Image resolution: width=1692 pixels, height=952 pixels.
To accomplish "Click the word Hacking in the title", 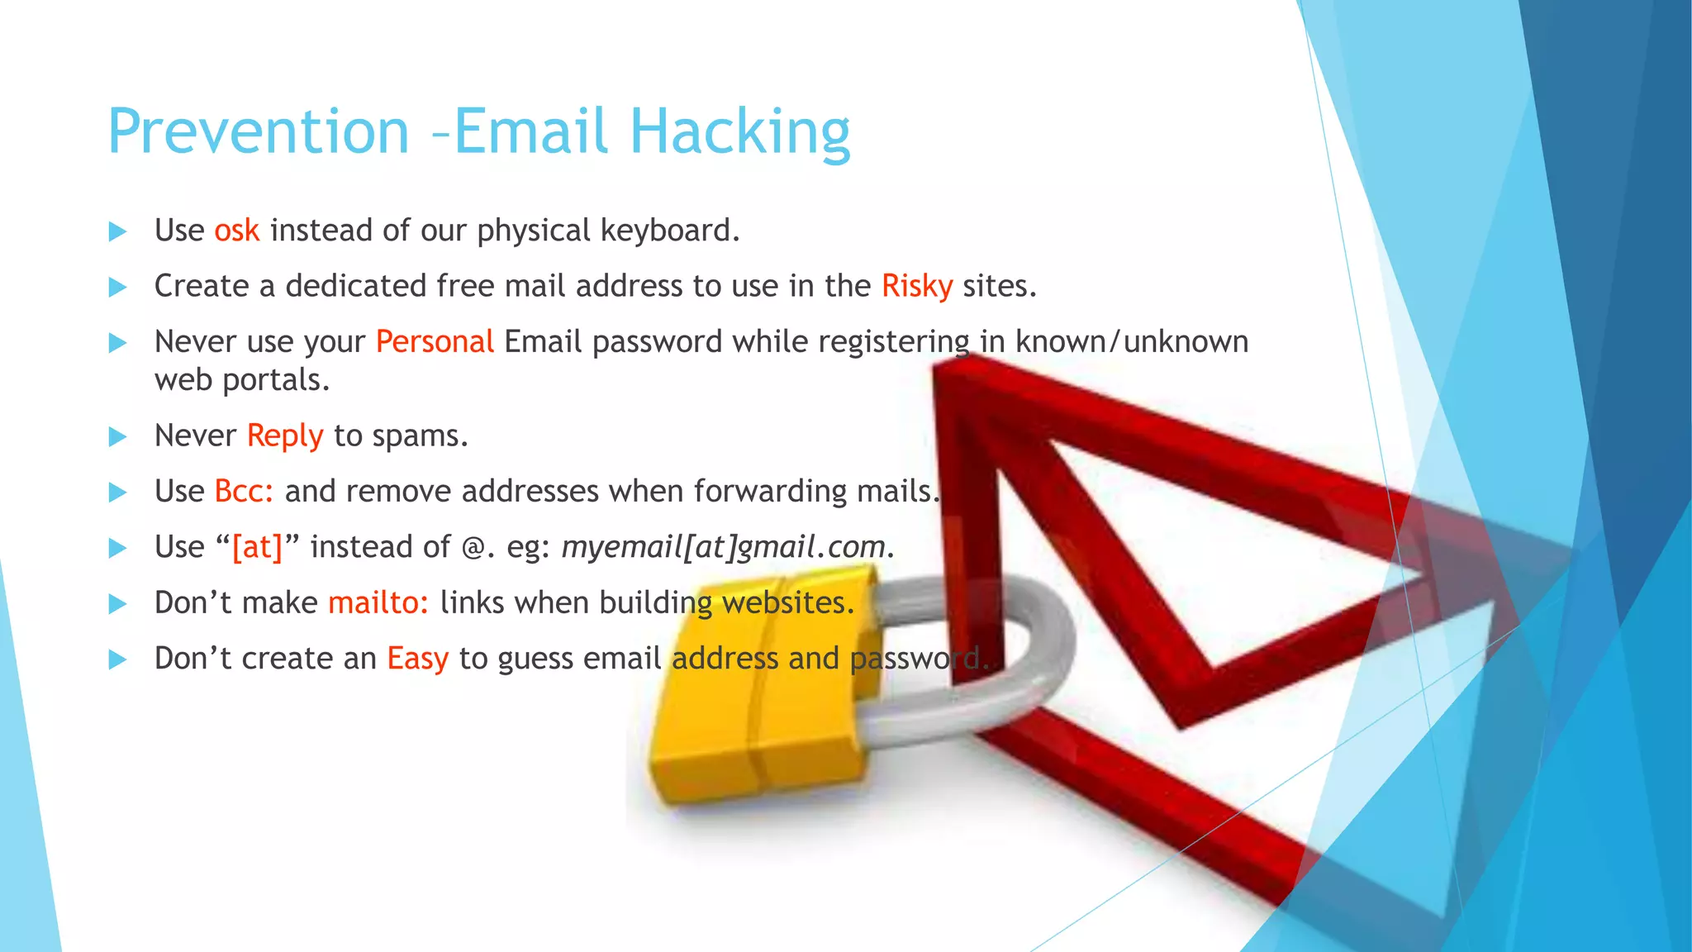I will point(739,132).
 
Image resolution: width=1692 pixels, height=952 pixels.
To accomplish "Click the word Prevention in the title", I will point(259,132).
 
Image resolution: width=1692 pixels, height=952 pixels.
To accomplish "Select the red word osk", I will point(236,231).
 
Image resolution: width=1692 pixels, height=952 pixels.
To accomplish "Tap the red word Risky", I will point(916,286).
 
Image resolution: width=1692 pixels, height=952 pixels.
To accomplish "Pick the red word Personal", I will point(435,342).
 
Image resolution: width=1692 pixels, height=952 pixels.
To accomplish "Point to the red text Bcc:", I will point(244,492).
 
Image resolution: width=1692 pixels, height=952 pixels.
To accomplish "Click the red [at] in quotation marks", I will point(257,547).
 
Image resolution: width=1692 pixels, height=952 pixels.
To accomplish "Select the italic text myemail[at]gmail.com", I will point(723,547).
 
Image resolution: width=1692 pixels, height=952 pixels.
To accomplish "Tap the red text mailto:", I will point(378,603).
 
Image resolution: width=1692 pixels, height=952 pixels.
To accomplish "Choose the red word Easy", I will point(417,659).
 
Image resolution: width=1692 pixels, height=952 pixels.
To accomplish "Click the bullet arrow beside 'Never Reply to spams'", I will point(118,437).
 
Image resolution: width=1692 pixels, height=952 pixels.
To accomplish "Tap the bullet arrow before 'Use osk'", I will point(118,231).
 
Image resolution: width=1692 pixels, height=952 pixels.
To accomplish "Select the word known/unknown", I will point(1131,342).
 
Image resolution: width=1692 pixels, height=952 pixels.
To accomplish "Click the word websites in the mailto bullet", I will point(787,603).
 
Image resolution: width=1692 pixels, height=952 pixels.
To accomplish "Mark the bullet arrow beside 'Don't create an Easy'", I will point(118,659).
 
